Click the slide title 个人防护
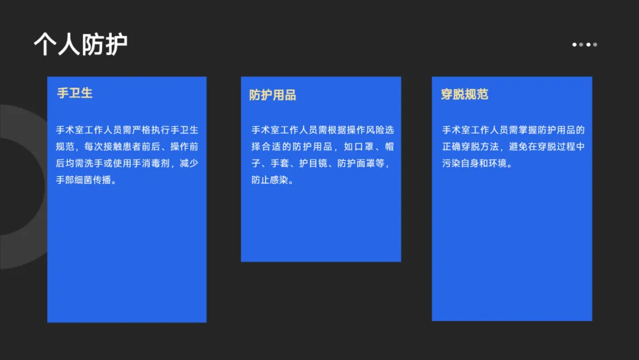[x=80, y=44]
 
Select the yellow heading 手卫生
[x=75, y=93]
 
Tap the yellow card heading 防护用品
[x=272, y=95]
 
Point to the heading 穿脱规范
[x=464, y=94]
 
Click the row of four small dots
[x=585, y=44]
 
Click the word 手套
[x=279, y=163]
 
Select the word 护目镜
[x=314, y=163]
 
